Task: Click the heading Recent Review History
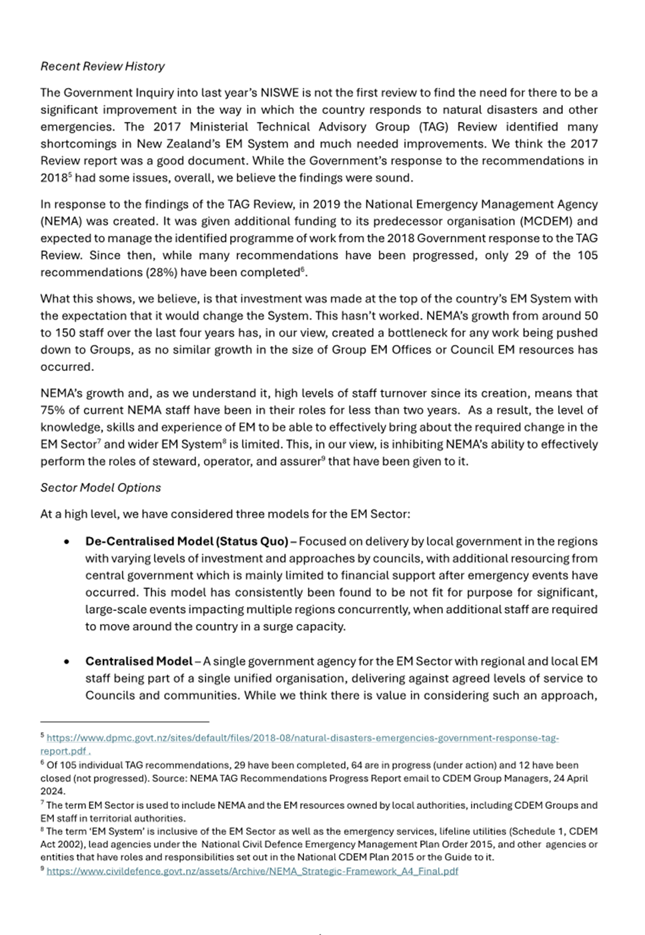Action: tap(102, 66)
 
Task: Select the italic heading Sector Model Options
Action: tap(100, 488)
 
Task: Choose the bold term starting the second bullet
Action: tap(139, 661)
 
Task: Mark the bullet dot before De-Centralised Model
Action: tap(67, 542)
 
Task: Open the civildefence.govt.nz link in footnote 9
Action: tap(252, 871)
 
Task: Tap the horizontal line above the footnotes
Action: tap(125, 721)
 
